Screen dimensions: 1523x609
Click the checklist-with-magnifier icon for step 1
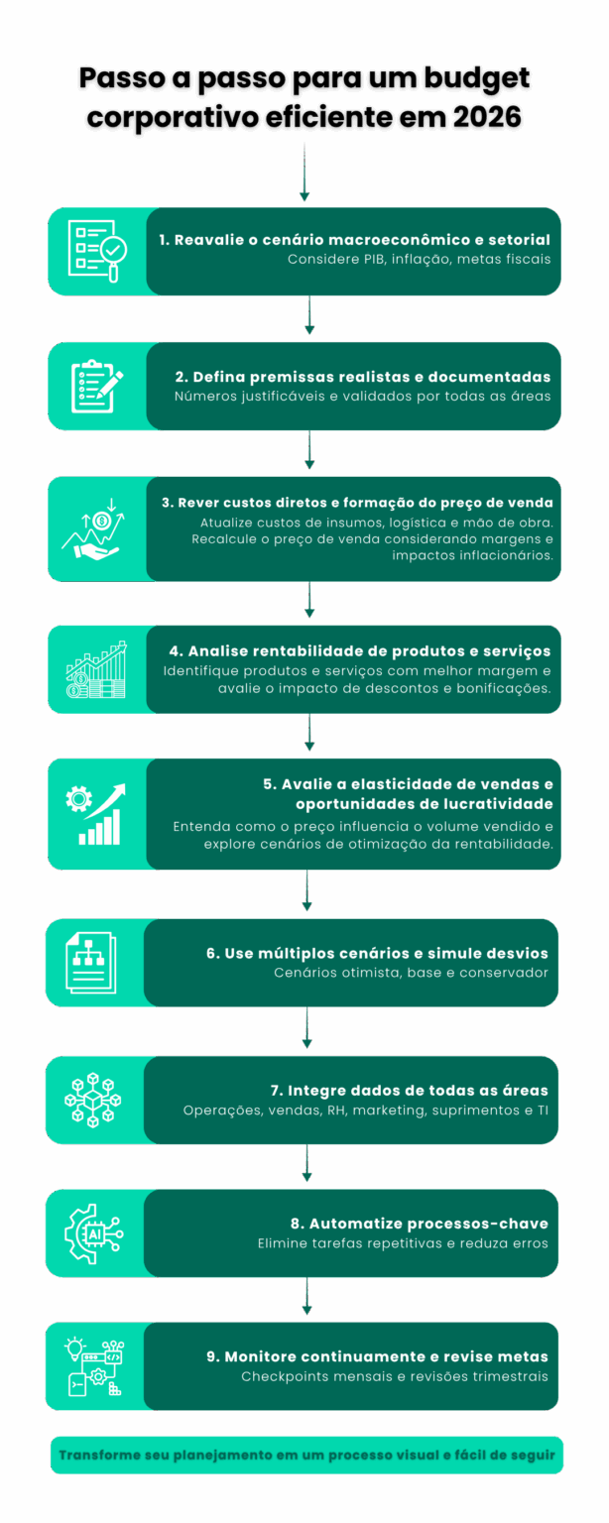tap(97, 251)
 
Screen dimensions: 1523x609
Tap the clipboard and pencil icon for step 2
tap(97, 387)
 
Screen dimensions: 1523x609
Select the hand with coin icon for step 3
tap(96, 528)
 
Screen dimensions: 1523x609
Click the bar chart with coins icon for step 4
tap(96, 669)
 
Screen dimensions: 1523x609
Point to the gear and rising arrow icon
tap(96, 813)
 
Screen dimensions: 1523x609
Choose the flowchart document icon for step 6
tap(92, 962)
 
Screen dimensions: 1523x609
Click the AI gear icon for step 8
tap(92, 1233)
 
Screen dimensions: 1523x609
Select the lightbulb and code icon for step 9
tap(92, 1366)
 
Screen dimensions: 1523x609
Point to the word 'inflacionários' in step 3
tap(506, 555)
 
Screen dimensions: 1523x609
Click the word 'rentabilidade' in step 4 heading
tap(288, 650)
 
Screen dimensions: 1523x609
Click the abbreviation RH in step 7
tap(337, 1110)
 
